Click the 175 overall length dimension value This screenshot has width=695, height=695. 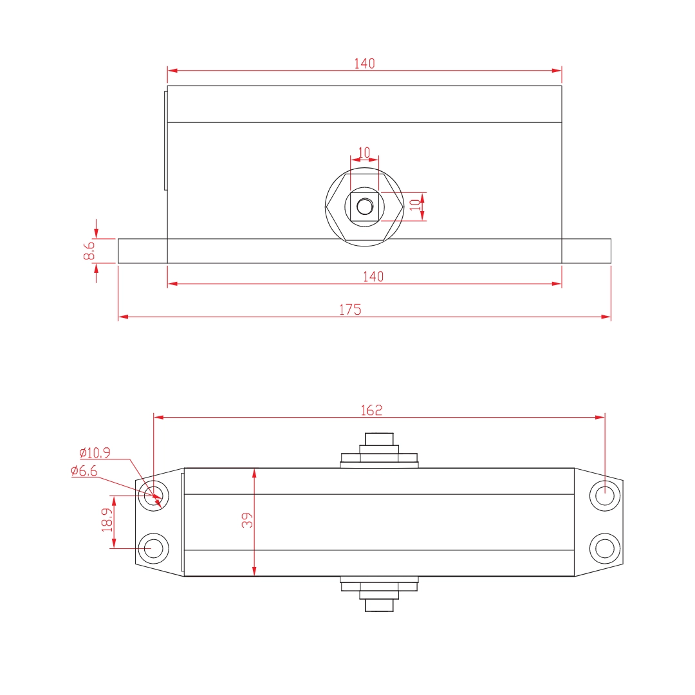point(350,310)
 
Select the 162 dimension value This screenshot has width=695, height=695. point(371,410)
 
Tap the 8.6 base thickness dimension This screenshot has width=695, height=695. point(89,250)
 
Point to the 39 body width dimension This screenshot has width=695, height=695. point(246,521)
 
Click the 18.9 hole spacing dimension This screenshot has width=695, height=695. point(106,521)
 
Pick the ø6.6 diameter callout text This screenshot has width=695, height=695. point(84,471)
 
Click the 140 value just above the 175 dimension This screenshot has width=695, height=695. point(373,276)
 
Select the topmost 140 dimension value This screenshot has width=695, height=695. point(364,63)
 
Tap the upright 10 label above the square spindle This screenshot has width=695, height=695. point(364,153)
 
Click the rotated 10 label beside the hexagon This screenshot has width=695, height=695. point(415,205)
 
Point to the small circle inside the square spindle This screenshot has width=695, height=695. point(365,207)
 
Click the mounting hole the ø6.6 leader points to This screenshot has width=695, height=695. point(154,496)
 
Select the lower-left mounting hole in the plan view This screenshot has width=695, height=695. point(154,548)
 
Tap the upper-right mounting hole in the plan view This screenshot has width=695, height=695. point(605,496)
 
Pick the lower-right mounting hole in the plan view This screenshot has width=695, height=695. point(605,548)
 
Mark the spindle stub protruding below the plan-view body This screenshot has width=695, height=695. point(379,604)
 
